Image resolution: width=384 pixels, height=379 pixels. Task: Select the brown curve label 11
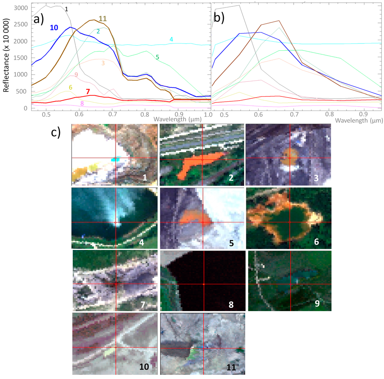tap(103, 18)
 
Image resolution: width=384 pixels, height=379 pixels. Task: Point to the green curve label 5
tap(157, 57)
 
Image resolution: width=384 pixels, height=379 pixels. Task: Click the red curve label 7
tap(87, 92)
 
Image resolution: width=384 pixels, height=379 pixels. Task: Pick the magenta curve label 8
tap(82, 104)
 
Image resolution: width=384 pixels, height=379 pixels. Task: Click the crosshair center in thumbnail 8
tap(204, 284)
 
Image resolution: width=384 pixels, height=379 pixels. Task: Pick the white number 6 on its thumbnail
tap(316, 242)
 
